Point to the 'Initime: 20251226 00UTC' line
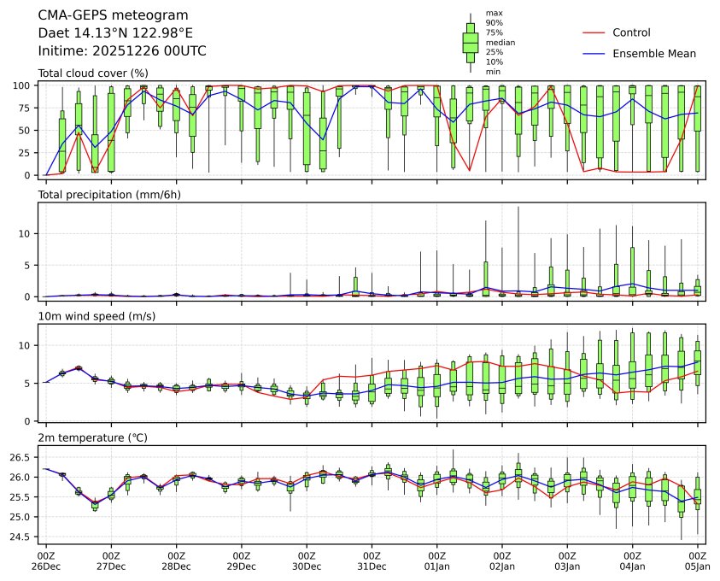click(122, 50)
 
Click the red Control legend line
click(594, 32)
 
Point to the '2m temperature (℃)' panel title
click(92, 437)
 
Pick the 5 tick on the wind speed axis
click(30, 383)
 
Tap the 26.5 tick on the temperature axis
click(23, 457)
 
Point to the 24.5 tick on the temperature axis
click(23, 537)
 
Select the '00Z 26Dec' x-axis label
click(46, 560)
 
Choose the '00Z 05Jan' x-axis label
click(698, 560)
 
